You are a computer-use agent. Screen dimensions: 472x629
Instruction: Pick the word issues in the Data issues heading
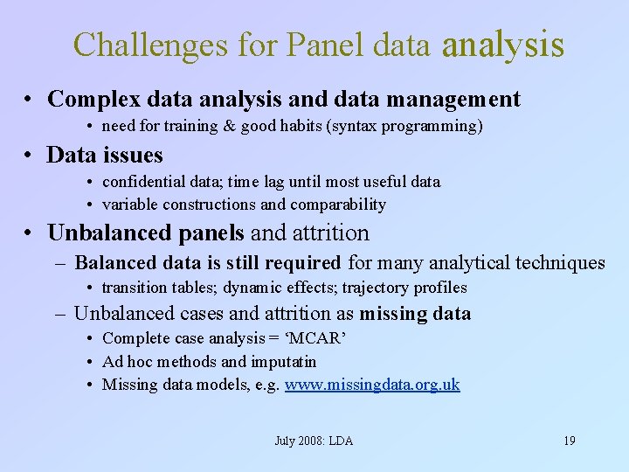click(130, 156)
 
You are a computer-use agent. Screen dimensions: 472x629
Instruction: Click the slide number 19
click(569, 441)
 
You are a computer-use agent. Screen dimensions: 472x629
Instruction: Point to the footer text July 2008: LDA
click(314, 441)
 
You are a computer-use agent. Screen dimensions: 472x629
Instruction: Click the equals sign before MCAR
click(273, 338)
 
